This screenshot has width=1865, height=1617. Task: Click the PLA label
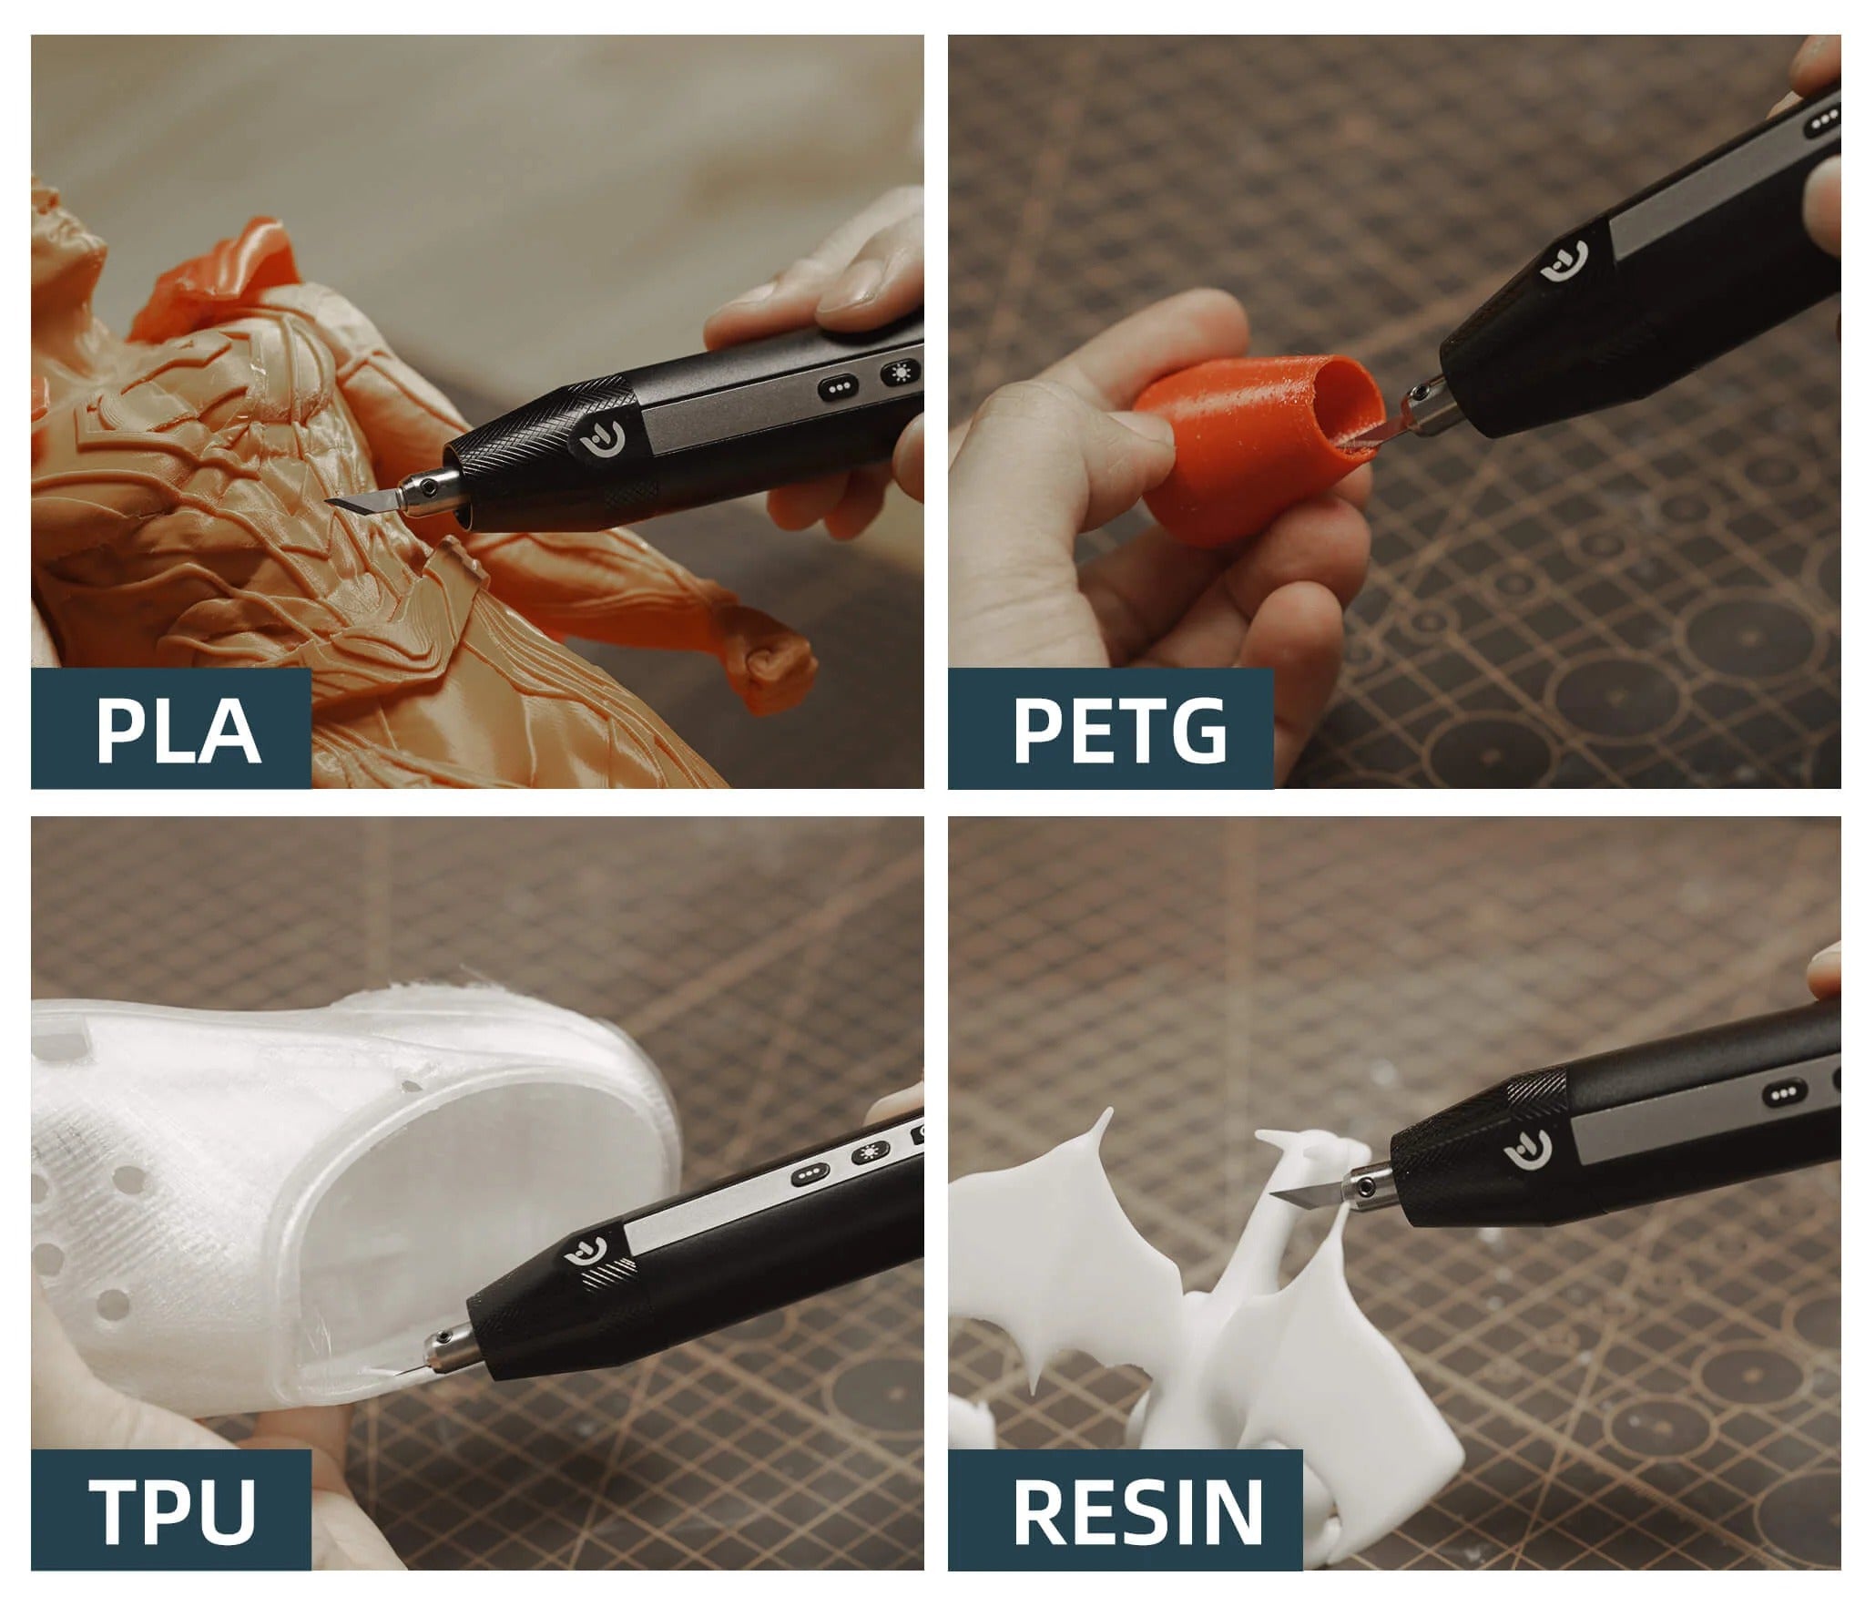[x=178, y=730]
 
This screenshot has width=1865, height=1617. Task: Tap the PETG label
[x=1120, y=729]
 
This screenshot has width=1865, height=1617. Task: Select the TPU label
[x=173, y=1510]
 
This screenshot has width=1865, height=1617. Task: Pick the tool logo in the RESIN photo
[x=1526, y=1153]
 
